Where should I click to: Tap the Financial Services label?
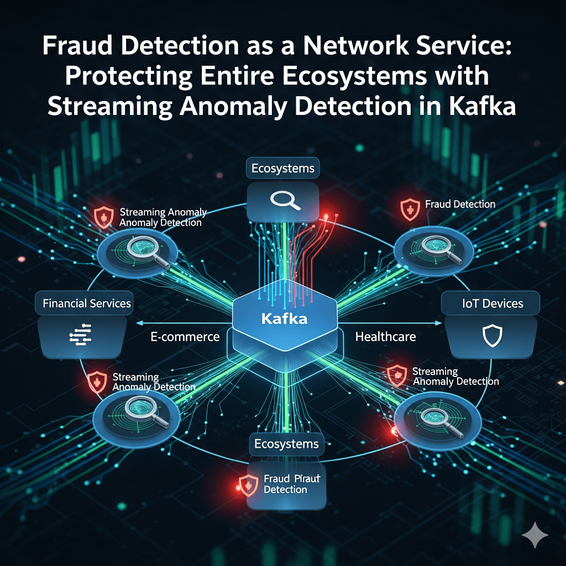point(87,303)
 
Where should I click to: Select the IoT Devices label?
point(491,303)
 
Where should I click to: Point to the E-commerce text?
point(185,337)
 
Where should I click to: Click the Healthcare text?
point(385,336)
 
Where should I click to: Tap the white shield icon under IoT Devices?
point(491,336)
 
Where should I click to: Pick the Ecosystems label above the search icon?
point(284,167)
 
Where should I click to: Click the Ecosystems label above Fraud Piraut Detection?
point(286,444)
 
